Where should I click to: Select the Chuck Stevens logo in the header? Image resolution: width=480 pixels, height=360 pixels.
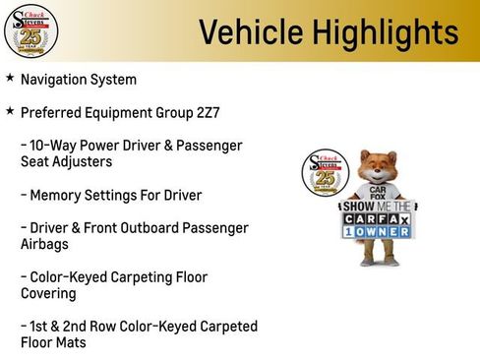click(30, 30)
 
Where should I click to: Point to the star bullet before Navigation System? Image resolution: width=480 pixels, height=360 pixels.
click(10, 78)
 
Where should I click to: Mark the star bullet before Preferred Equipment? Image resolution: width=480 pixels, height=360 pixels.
click(10, 111)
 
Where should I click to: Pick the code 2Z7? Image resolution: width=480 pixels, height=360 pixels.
click(206, 112)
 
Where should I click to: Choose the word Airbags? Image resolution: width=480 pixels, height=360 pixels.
click(45, 244)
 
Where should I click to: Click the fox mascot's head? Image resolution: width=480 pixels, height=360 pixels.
click(378, 167)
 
